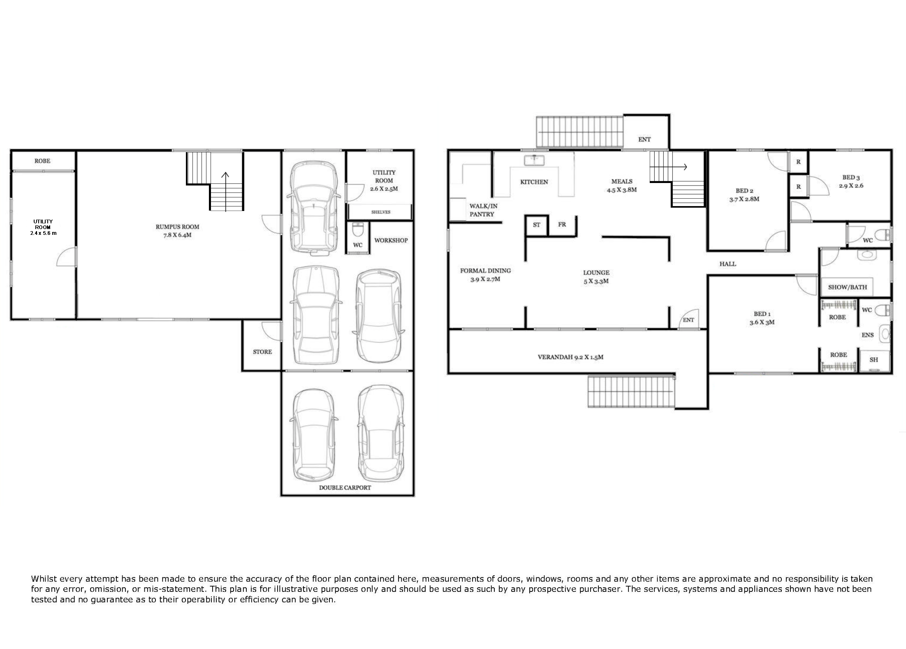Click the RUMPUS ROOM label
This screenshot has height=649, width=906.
coord(177,227)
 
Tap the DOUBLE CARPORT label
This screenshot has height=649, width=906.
coord(345,487)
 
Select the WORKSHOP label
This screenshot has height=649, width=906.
coord(391,240)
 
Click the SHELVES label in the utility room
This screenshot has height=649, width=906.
coord(381,212)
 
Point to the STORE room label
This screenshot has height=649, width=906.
coord(262,352)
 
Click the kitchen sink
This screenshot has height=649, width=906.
coord(534,160)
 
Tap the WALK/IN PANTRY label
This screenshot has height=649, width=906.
coord(483,210)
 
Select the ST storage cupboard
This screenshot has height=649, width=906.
coord(537,225)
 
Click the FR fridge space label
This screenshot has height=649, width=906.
coord(562,224)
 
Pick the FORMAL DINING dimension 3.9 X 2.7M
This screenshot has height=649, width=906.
coord(485,279)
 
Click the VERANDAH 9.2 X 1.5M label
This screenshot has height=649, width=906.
coord(570,357)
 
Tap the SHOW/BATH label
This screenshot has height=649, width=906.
coord(847,287)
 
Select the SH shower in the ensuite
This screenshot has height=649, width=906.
coord(874,360)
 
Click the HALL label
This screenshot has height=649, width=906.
coord(728,264)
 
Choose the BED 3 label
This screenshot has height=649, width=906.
coord(851,177)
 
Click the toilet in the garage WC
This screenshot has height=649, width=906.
coord(358,229)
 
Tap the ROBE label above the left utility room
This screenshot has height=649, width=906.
coord(42,161)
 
